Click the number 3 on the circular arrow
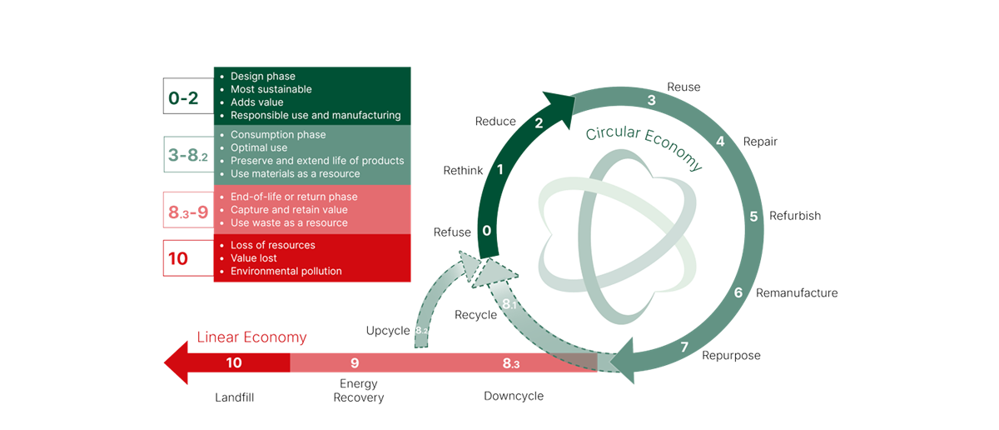coord(652,100)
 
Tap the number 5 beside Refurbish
coord(753,217)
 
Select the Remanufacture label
coord(797,293)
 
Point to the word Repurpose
coord(731,355)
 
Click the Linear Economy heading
coord(251,337)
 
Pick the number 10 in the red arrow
coord(234,362)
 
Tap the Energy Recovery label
coord(359,391)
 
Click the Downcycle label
coord(514,396)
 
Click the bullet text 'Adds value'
coord(257,102)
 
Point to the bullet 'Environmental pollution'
coord(286,271)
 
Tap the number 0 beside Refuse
coord(487,231)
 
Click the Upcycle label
coord(389,330)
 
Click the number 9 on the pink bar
coord(355,362)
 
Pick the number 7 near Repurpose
coord(685,347)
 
